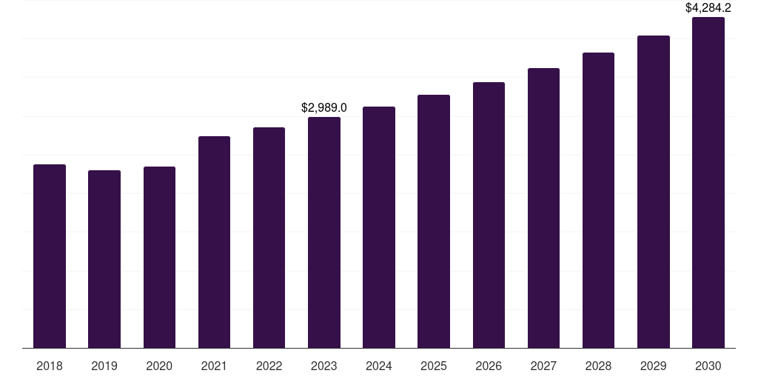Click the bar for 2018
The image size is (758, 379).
[50, 256]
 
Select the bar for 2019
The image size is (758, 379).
[104, 259]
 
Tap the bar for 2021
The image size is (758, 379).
[214, 242]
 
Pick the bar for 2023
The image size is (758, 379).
[324, 232]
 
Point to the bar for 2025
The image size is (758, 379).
[434, 221]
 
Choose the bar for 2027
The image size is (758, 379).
[543, 208]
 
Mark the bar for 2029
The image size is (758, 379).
[654, 192]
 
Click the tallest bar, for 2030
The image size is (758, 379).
[708, 182]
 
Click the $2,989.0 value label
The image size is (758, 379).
[324, 108]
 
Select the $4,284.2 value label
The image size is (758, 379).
[708, 8]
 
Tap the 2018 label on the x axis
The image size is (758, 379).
[50, 366]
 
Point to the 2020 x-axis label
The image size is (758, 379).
[159, 366]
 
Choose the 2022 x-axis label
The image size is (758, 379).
[269, 366]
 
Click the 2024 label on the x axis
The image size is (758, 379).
[379, 366]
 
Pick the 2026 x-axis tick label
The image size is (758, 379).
[489, 366]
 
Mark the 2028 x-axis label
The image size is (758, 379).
[598, 366]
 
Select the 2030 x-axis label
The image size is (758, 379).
[708, 366]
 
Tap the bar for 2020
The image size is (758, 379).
[159, 257]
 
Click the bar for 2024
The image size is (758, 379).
[379, 227]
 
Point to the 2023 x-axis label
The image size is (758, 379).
[324, 366]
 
